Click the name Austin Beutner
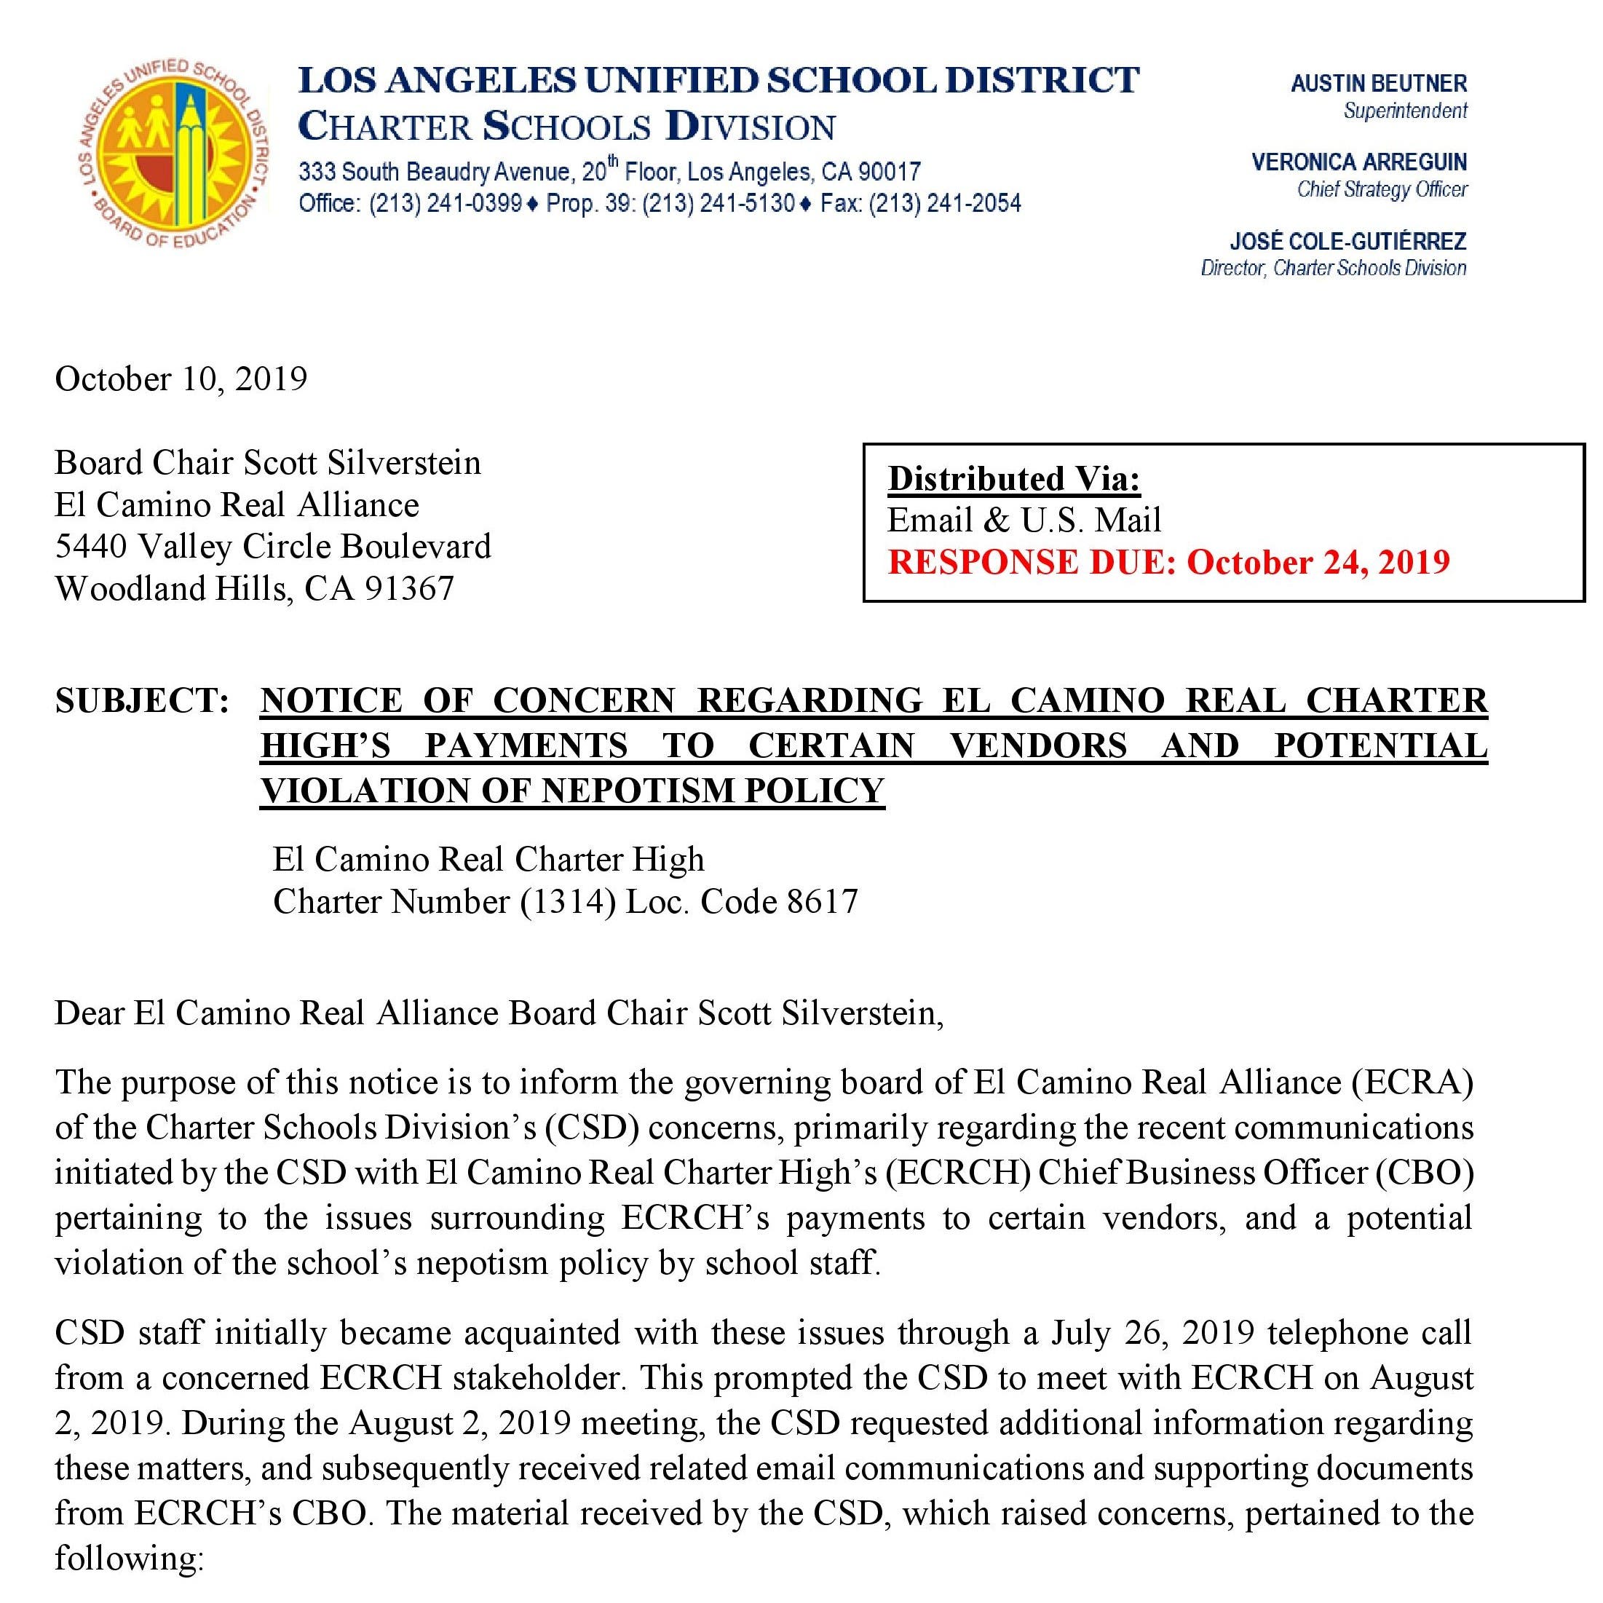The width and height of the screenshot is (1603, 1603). pyautogui.click(x=1378, y=83)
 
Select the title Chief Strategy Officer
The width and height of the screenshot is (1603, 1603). pyautogui.click(x=1382, y=189)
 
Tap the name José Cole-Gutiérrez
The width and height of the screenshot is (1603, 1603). pyautogui.click(x=1347, y=242)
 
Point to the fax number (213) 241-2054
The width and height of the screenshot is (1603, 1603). pyautogui.click(x=945, y=203)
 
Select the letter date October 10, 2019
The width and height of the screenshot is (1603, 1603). pyautogui.click(x=181, y=379)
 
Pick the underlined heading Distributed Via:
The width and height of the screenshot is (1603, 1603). pyautogui.click(x=1014, y=479)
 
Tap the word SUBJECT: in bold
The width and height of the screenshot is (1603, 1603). pyautogui.click(x=142, y=700)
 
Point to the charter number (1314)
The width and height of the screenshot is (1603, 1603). pyautogui.click(x=568, y=901)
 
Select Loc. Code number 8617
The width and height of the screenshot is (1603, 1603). pyautogui.click(x=822, y=901)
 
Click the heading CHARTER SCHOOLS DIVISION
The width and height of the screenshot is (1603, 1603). pyautogui.click(x=566, y=126)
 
